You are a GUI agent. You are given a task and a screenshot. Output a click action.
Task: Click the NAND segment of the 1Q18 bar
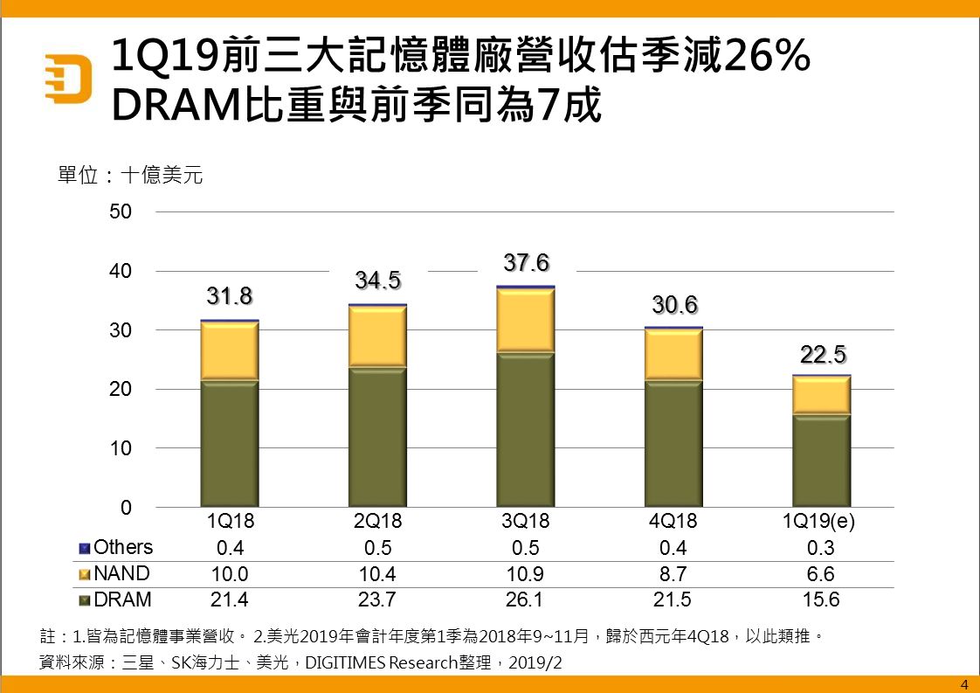pos(230,351)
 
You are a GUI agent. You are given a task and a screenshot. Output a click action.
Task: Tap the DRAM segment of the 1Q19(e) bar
pos(821,461)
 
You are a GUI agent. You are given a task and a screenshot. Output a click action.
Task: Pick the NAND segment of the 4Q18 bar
pos(673,355)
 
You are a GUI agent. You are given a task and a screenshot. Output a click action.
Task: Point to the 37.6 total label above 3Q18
pos(527,262)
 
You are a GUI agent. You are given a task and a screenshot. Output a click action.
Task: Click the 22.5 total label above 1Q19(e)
pos(822,355)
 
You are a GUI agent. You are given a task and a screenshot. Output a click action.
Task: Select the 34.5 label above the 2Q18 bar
pos(377,281)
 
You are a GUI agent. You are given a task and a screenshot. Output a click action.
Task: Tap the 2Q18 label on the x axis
pos(377,521)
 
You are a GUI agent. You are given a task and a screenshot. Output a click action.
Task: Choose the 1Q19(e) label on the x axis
pos(821,521)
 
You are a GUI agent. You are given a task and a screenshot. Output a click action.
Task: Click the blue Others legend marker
pos(85,548)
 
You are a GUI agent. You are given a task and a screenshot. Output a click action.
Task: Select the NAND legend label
pos(121,574)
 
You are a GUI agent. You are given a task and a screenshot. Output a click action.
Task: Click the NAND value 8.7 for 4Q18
pos(673,575)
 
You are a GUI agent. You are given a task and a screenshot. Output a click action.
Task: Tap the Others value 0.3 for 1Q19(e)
pos(821,548)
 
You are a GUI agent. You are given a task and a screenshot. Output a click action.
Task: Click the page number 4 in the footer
pos(963,683)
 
